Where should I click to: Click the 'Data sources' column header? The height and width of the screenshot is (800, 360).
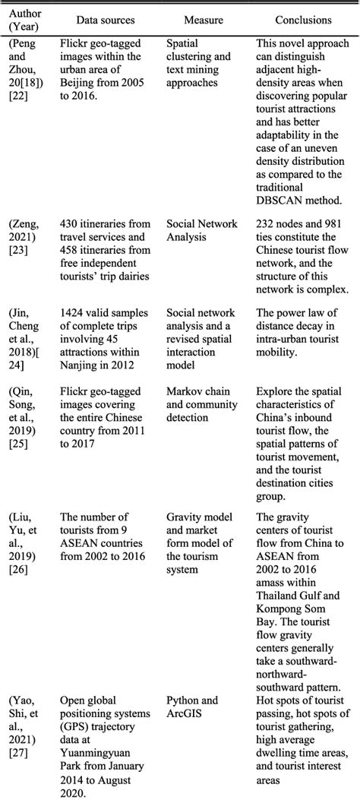[x=106, y=21]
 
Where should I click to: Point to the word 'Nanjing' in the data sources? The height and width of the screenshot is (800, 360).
[x=81, y=363]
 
